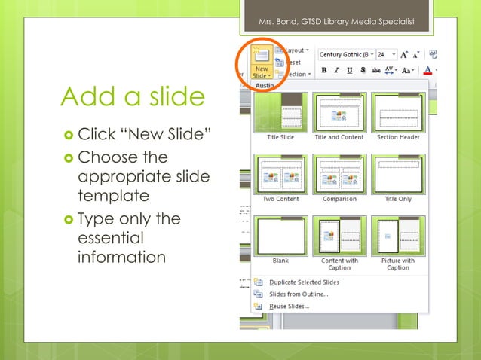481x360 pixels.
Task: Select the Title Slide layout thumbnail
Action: click(281, 113)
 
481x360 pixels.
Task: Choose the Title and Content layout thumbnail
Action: click(339, 113)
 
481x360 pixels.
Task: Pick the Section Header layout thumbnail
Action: click(398, 113)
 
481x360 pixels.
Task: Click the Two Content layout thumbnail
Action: click(281, 175)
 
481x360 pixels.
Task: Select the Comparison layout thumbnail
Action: click(339, 175)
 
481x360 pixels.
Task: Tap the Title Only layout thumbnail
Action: click(398, 175)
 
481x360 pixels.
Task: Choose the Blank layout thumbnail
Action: click(281, 236)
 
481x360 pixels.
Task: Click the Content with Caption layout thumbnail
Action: click(339, 236)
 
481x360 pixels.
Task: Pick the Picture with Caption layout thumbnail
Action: click(398, 236)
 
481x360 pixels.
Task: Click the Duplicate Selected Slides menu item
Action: click(304, 282)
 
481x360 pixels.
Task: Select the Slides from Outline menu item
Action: click(299, 294)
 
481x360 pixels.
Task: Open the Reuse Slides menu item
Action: click(289, 307)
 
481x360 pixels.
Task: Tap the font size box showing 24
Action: click(384, 54)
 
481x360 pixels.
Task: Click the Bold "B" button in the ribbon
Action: click(324, 71)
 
